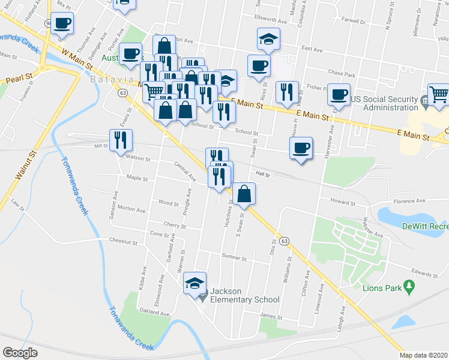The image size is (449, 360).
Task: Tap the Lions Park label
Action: [382, 288]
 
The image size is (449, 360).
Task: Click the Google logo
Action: [20, 353]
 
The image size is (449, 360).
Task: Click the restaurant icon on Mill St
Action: [121, 140]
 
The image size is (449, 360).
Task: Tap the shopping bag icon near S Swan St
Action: [244, 194]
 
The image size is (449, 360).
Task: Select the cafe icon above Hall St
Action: [301, 148]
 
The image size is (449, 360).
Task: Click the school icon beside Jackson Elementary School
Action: [195, 283]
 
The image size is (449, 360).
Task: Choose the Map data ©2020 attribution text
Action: [424, 355]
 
